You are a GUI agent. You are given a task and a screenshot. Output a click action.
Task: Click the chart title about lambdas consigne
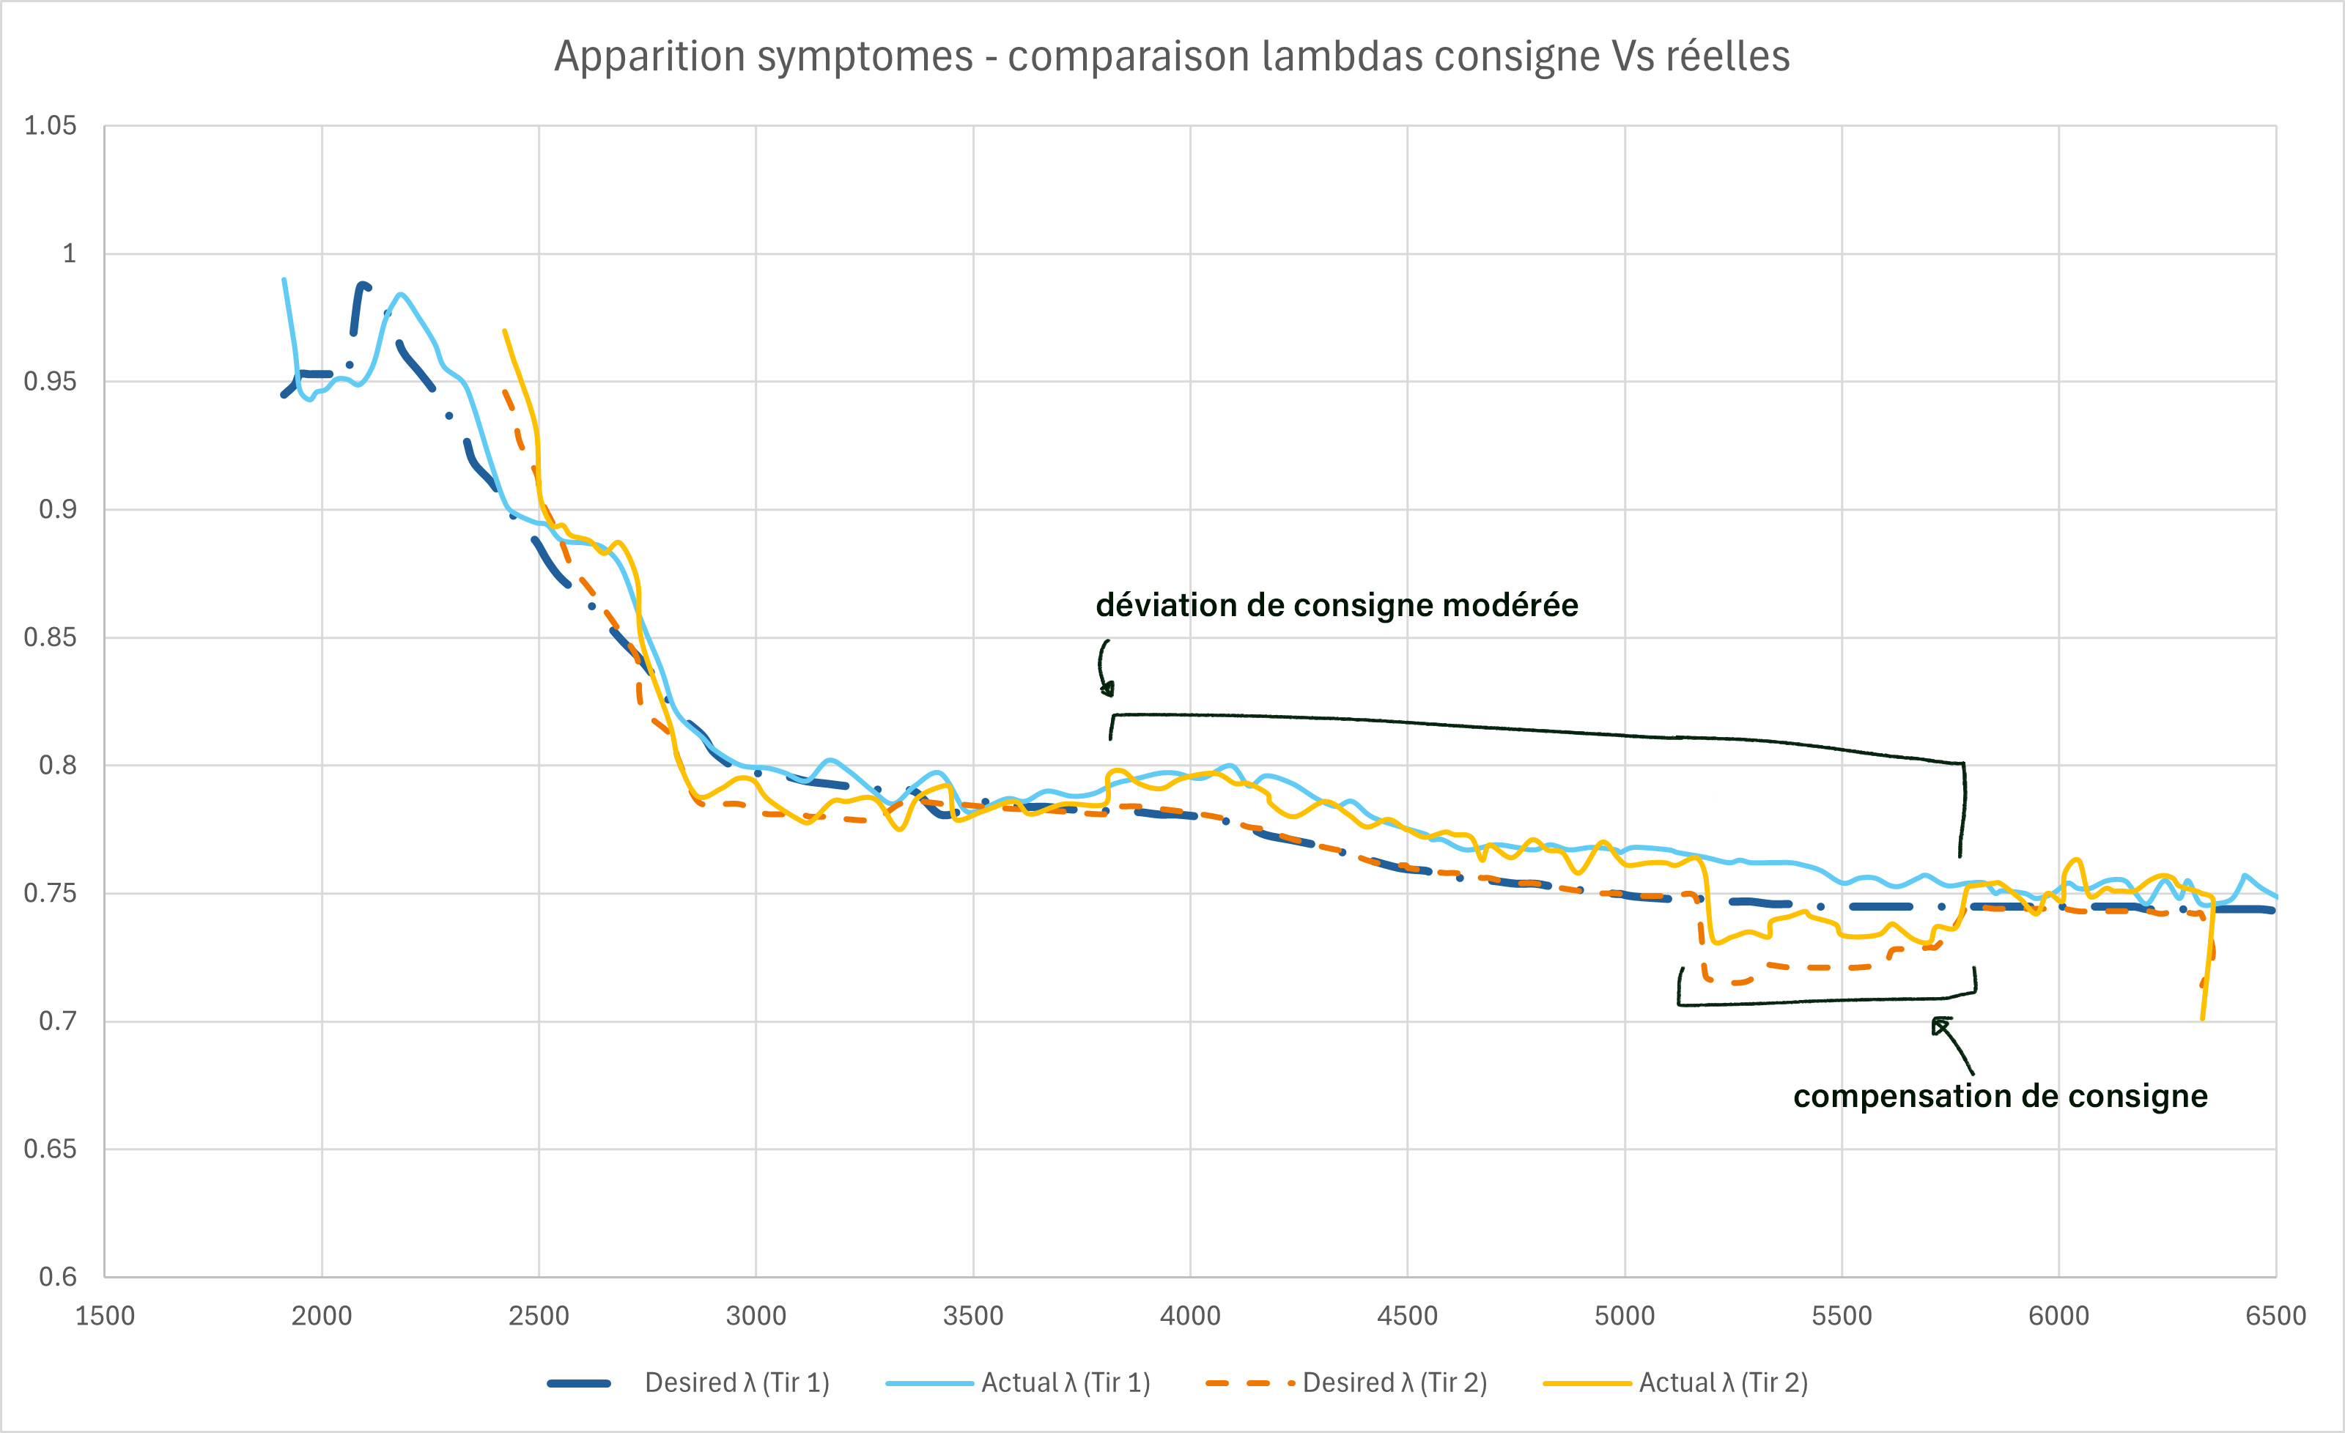1172,56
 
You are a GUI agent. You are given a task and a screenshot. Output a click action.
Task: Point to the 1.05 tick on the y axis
50,125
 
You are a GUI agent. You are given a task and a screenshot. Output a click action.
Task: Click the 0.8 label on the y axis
57,765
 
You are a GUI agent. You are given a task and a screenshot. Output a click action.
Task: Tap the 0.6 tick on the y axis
57,1277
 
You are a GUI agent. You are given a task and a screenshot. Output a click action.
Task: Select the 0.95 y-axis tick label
50,382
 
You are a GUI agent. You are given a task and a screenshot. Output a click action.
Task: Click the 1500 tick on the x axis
105,1316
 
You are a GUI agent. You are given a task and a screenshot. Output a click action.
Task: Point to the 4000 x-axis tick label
1189,1316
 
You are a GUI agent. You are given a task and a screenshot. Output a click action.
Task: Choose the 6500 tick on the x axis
2275,1316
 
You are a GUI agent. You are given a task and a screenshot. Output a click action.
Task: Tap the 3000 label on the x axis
756,1316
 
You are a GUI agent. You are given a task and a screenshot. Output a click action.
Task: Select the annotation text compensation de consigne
2000,1096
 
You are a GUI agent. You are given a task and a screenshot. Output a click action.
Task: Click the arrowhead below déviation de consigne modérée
1107,689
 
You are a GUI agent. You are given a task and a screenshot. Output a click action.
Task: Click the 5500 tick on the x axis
1842,1316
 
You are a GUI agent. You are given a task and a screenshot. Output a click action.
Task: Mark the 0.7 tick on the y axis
57,1021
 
